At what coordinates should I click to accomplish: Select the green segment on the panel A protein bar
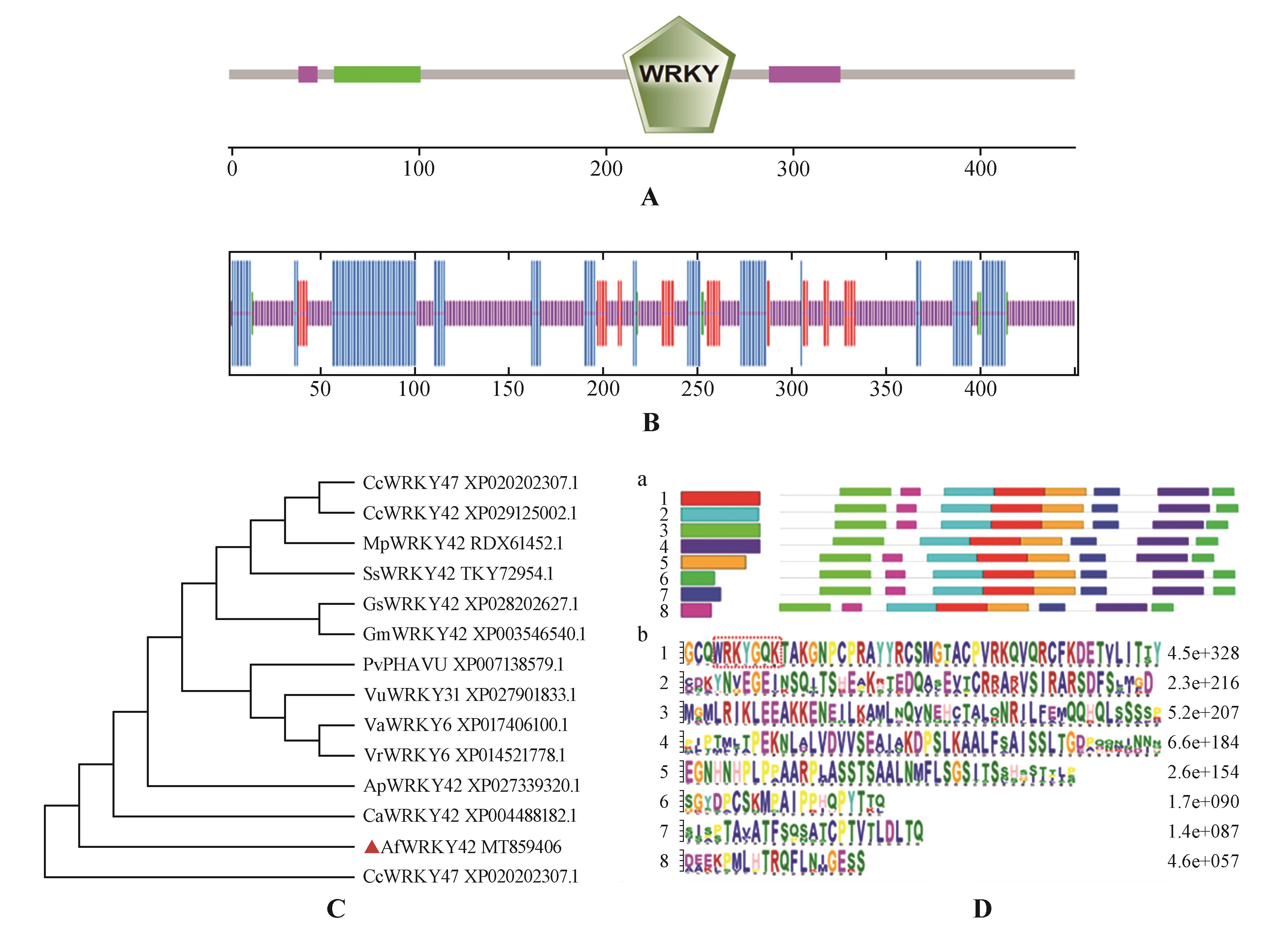point(377,74)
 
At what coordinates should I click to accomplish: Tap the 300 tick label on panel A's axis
point(793,168)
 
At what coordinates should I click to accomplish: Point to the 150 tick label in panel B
point(508,389)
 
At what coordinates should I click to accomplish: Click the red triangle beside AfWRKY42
point(371,847)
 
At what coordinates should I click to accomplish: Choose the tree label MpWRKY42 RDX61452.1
point(463,543)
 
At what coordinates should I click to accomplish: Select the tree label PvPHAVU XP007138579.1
point(463,664)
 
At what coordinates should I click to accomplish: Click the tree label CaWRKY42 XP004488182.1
point(469,816)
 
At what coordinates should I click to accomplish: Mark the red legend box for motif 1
point(720,498)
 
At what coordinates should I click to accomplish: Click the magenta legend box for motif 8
point(696,610)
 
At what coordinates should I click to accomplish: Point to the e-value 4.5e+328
point(1203,653)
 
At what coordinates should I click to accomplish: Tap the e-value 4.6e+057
point(1203,861)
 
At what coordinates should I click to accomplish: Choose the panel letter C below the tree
point(336,909)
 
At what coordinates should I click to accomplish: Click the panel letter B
point(650,423)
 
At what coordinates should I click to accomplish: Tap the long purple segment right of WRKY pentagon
point(804,74)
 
